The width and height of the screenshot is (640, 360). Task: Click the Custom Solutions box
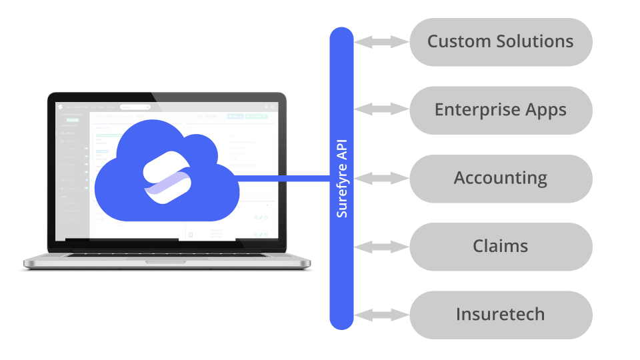click(x=500, y=42)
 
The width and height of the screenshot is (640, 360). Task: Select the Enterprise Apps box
click(x=500, y=110)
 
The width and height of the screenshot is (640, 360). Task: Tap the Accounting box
click(x=500, y=179)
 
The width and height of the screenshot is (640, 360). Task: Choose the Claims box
click(x=500, y=247)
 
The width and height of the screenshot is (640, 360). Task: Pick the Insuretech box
click(x=500, y=315)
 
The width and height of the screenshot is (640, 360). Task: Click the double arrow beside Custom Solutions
click(x=381, y=42)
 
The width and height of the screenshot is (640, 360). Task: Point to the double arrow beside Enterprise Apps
click(x=381, y=110)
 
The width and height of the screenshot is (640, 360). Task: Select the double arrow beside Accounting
click(x=381, y=179)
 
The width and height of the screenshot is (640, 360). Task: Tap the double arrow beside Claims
click(x=381, y=247)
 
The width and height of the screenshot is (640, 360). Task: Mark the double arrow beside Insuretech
click(x=381, y=315)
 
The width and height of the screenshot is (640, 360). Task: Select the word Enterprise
click(x=475, y=110)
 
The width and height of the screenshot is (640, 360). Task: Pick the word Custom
click(x=457, y=42)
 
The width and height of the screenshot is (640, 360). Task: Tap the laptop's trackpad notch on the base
click(x=167, y=261)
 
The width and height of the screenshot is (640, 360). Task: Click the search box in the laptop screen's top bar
click(x=135, y=107)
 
